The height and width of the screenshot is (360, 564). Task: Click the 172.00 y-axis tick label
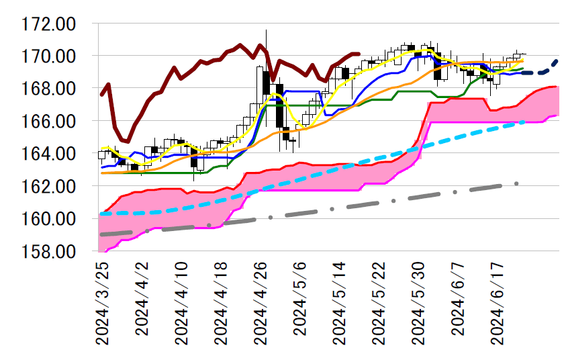[49, 24]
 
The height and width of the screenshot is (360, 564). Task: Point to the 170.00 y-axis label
[49, 56]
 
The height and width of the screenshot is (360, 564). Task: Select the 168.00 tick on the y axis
[49, 89]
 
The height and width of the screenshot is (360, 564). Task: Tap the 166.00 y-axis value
[49, 121]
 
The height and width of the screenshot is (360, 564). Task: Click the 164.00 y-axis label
[49, 154]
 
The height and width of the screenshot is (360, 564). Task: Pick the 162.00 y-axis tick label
[49, 186]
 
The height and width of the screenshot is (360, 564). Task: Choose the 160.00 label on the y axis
[49, 219]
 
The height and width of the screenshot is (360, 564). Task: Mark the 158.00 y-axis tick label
[49, 251]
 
